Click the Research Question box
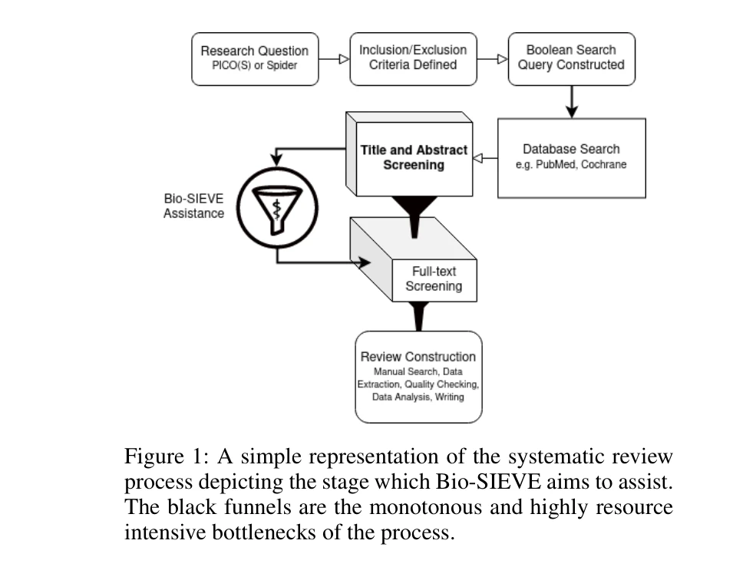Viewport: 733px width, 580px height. pyautogui.click(x=254, y=58)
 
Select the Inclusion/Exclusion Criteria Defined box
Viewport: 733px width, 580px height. pyautogui.click(x=413, y=58)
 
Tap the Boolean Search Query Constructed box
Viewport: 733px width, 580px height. pyautogui.click(x=571, y=58)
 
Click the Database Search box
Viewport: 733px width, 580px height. pyautogui.click(x=571, y=157)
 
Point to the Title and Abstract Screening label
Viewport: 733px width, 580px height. pyautogui.click(x=414, y=157)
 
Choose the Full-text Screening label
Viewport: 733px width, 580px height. pyautogui.click(x=434, y=278)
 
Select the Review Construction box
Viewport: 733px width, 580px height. pyautogui.click(x=418, y=377)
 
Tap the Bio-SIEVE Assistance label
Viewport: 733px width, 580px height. pyautogui.click(x=193, y=206)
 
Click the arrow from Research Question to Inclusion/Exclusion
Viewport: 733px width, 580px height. pyautogui.click(x=334, y=58)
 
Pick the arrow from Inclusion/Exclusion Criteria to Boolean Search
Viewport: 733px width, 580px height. pyautogui.click(x=492, y=58)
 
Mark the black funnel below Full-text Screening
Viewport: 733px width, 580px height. pyautogui.click(x=418, y=315)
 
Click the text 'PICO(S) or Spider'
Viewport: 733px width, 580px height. pyautogui.click(x=254, y=65)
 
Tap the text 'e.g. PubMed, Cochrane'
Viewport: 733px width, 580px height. pyautogui.click(x=571, y=165)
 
